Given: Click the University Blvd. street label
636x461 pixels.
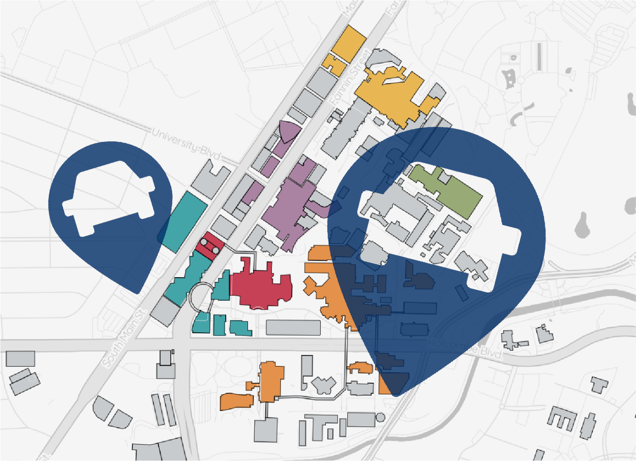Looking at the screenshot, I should (x=186, y=144).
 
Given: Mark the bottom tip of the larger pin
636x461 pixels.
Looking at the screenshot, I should (x=395, y=395).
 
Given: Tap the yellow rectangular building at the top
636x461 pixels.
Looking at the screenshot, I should (x=348, y=42).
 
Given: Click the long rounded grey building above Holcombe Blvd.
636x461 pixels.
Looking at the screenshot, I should (x=293, y=328).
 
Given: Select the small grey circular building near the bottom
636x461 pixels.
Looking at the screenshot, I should (x=380, y=417).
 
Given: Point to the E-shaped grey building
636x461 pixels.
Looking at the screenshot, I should (x=562, y=418).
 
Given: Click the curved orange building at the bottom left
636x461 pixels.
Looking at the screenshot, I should (x=237, y=401).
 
